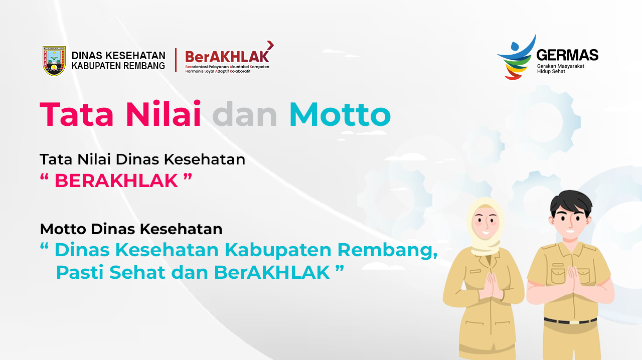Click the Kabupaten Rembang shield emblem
point(54,61)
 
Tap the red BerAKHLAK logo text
point(227,57)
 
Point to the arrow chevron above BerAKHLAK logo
point(270,45)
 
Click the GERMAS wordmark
point(567,55)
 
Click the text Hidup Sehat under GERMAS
point(551,71)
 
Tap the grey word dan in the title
point(244,115)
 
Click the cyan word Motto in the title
point(340,115)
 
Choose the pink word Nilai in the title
point(164,114)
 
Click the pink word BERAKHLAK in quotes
point(116,181)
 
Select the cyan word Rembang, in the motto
point(387,250)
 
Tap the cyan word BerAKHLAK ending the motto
point(272,272)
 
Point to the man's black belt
point(570,321)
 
